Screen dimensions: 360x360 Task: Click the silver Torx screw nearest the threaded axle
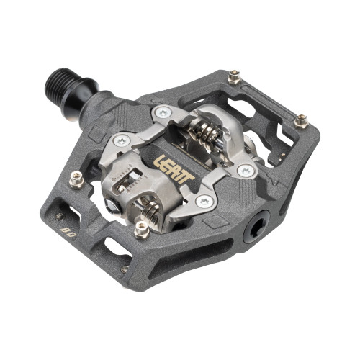tap(163, 112)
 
